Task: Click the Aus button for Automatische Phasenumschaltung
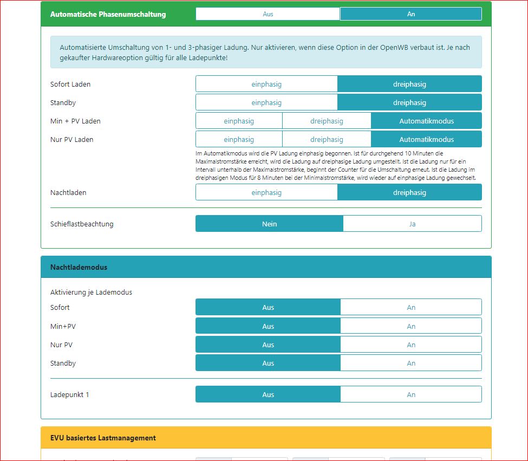tap(268, 14)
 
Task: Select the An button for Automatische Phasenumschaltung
tap(410, 14)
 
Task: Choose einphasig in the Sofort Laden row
tap(266, 85)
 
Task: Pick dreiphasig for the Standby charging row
tap(409, 103)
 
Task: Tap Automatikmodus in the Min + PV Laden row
tap(426, 121)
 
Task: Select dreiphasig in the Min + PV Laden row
tap(327, 121)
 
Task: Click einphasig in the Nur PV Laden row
tap(239, 140)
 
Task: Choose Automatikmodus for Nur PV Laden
tap(426, 140)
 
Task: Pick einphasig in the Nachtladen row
tap(266, 193)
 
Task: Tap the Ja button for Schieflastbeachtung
tap(412, 224)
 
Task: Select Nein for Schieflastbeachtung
tap(269, 224)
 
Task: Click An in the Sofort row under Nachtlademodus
tap(411, 308)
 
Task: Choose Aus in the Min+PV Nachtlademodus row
tap(268, 326)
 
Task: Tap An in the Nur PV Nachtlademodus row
tap(411, 345)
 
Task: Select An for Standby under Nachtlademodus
tap(411, 363)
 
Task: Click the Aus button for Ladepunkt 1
tap(268, 394)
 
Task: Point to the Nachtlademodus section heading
tap(79, 267)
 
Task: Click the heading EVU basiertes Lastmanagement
tap(103, 438)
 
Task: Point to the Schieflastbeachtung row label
tap(82, 224)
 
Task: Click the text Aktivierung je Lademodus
tap(91, 293)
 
